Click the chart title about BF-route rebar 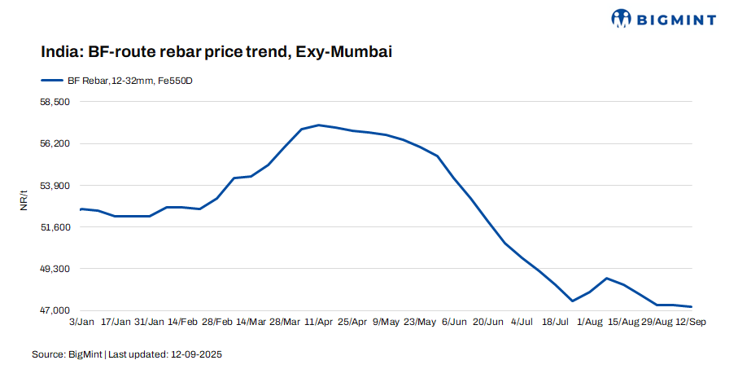217,52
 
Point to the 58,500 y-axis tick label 55,102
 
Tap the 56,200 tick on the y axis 55,143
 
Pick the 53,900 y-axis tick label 55,186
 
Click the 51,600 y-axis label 55,227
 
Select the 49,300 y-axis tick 55,269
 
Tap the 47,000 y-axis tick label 55,310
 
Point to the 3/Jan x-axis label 81,323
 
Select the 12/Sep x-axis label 689,323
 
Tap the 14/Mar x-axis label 251,323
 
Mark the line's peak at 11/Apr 318,125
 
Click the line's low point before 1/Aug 573,301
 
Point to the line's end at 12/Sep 691,306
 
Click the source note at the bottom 127,354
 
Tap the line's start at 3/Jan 81,209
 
